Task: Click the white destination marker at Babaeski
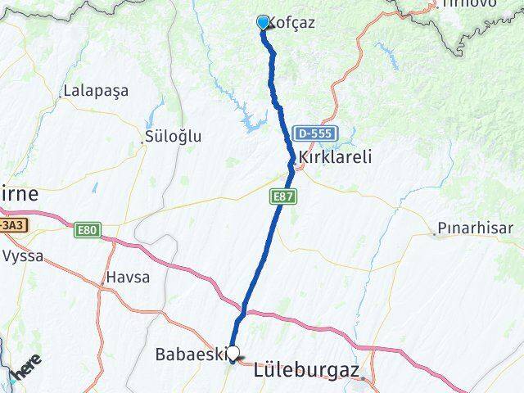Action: coord(233,354)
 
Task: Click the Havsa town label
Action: coord(127,278)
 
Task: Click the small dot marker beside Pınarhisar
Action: coord(434,234)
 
